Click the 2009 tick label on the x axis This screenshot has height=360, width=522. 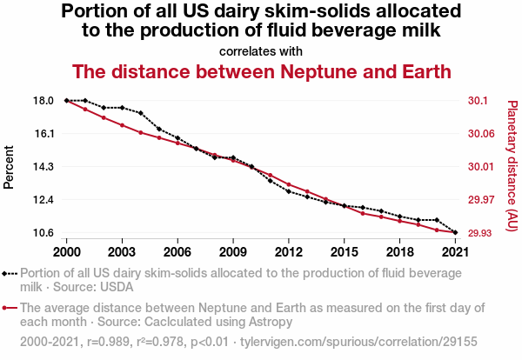tap(233, 252)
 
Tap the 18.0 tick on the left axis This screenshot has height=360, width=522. tap(43, 101)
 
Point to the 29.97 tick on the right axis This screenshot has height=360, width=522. tap(479, 200)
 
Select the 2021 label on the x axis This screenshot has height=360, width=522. tap(455, 252)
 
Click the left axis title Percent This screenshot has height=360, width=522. tap(9, 167)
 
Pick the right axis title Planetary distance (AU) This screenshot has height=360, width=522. tap(512, 166)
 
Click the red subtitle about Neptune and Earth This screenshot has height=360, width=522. tap(261, 71)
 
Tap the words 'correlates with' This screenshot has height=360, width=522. tap(261, 51)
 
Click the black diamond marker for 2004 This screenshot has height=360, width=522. tap(141, 113)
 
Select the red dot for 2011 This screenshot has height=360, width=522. tap(271, 175)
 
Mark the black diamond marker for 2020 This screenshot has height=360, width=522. tap(437, 220)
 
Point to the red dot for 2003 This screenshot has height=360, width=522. tap(122, 125)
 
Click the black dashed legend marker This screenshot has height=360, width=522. tap(10, 274)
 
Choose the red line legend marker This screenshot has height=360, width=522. tap(10, 308)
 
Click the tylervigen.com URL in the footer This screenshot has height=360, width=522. tap(358, 342)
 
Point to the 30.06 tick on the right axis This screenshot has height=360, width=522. tap(481, 134)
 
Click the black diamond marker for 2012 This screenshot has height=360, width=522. tap(289, 191)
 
